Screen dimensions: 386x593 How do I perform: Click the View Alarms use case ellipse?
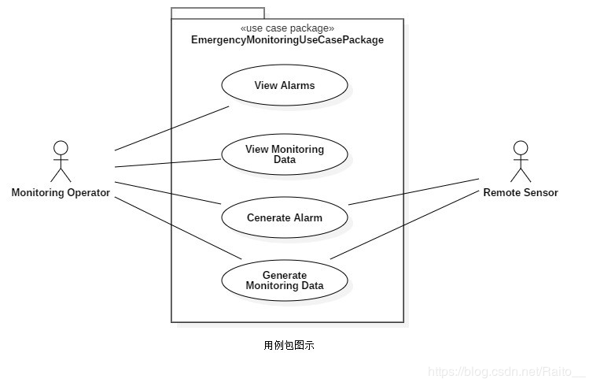(x=284, y=85)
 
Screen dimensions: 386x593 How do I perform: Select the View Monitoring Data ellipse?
(x=284, y=154)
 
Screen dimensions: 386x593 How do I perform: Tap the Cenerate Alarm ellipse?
(x=284, y=217)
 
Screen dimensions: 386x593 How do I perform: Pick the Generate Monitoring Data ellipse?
(x=284, y=280)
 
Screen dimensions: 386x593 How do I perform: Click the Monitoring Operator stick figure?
(x=61, y=161)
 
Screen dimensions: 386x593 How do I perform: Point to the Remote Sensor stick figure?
(x=520, y=161)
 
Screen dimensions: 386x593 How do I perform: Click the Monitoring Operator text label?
(x=61, y=192)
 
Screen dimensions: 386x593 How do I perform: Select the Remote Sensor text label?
(x=520, y=192)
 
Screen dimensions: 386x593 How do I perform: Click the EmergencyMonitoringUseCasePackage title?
(x=287, y=39)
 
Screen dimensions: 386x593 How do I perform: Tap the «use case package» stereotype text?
(x=287, y=28)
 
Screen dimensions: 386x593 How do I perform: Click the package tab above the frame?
(x=218, y=13)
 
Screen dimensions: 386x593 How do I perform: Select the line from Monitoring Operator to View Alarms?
(x=171, y=128)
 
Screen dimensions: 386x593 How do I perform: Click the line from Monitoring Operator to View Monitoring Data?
(x=168, y=163)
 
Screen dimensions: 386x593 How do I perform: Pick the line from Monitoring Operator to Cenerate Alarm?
(x=168, y=193)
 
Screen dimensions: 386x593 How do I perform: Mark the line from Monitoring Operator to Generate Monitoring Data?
(x=177, y=227)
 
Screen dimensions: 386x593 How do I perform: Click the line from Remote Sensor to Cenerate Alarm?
(x=414, y=191)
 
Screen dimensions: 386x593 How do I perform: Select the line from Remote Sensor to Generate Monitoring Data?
(x=405, y=224)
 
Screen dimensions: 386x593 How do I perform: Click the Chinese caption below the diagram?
(x=289, y=345)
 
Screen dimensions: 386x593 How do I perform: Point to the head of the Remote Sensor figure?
(x=520, y=147)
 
